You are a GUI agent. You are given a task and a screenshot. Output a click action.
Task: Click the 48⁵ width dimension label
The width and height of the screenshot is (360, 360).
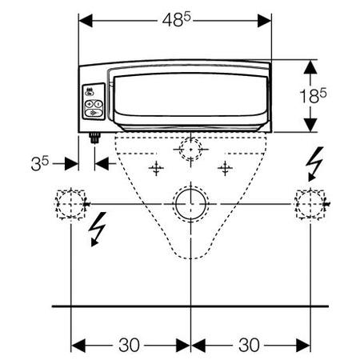pyautogui.click(x=177, y=20)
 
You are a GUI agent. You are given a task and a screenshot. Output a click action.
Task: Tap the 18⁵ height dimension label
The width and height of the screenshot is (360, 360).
pyautogui.click(x=313, y=96)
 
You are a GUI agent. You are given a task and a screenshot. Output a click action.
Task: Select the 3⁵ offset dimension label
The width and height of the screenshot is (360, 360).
pyautogui.click(x=40, y=163)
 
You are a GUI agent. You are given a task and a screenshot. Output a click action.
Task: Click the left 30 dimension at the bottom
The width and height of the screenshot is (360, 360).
pyautogui.click(x=129, y=345)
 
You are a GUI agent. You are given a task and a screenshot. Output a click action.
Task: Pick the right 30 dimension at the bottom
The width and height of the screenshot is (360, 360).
pyautogui.click(x=249, y=345)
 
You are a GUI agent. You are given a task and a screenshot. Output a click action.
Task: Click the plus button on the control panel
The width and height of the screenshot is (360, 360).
pyautogui.click(x=89, y=104)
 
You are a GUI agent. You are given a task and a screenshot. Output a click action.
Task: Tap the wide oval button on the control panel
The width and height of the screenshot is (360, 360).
pyautogui.click(x=94, y=113)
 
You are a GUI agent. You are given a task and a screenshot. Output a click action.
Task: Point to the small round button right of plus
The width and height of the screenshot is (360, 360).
pyautogui.click(x=98, y=104)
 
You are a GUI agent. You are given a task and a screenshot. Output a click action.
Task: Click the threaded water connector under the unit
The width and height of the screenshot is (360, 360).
pyautogui.click(x=94, y=138)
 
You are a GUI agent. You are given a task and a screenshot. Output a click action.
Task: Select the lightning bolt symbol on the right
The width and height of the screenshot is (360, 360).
pyautogui.click(x=314, y=163)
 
